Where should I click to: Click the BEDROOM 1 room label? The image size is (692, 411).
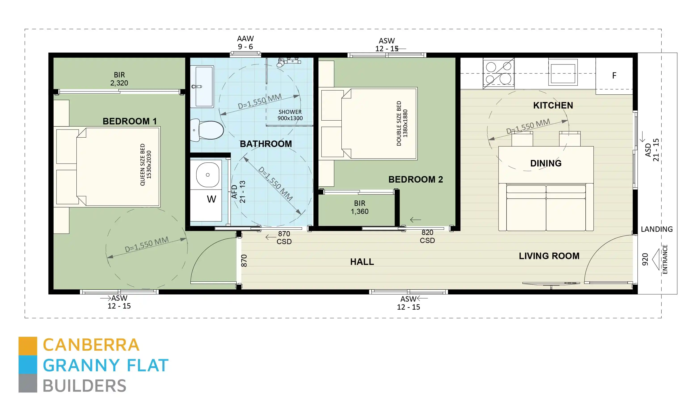[129, 121]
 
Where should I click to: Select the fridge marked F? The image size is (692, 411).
[614, 75]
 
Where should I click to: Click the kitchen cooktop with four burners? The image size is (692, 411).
[498, 73]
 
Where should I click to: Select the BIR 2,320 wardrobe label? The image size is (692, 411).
[119, 79]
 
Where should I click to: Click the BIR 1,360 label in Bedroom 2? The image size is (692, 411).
[359, 207]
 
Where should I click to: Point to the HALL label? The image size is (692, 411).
[362, 262]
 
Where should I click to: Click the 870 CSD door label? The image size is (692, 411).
[284, 237]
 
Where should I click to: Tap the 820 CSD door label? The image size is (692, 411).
[427, 236]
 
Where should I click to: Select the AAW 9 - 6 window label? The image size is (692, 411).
[245, 42]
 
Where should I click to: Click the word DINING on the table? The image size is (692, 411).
[545, 163]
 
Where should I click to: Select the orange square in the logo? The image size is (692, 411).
[28, 346]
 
